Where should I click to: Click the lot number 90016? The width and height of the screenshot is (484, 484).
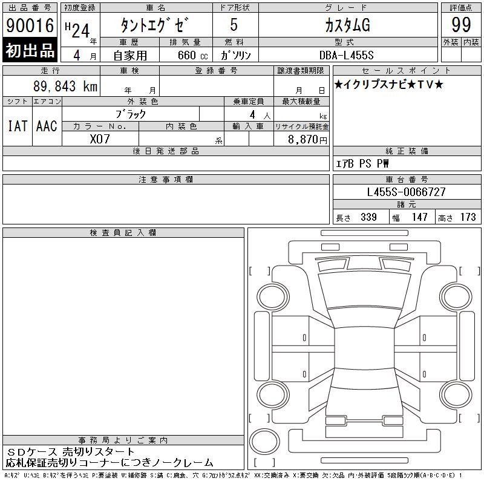tap(30, 25)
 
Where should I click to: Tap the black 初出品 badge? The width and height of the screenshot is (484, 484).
tap(30, 50)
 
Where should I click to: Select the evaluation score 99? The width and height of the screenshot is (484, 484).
tap(461, 25)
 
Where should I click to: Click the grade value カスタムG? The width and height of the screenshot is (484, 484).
tap(347, 25)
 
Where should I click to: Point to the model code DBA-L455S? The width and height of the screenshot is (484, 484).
tap(346, 55)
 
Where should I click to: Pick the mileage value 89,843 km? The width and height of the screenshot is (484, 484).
tap(65, 86)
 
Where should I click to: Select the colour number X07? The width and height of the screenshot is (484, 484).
tap(100, 139)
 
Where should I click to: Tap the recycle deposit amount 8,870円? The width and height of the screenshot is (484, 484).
tap(307, 140)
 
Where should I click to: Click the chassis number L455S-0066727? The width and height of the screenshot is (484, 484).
tap(406, 192)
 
